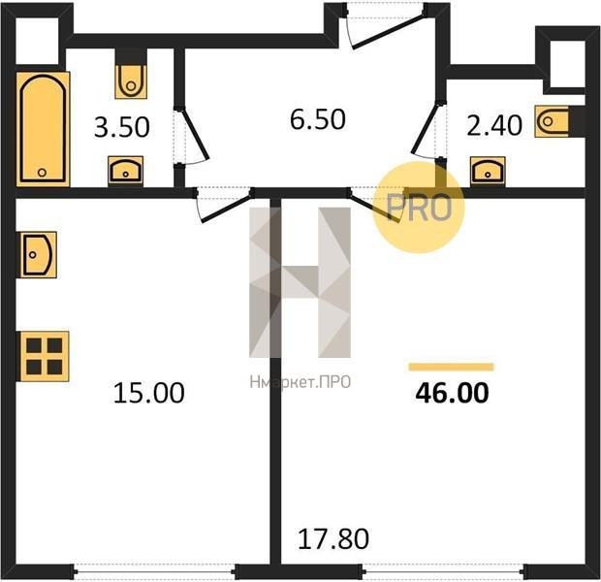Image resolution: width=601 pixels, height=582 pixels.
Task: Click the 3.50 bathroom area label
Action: [x=122, y=127]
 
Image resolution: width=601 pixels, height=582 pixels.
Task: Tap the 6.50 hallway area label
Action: [x=318, y=119]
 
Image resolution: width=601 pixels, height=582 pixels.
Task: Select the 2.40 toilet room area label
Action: [x=494, y=125]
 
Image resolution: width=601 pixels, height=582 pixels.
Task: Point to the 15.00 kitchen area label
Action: [x=149, y=393]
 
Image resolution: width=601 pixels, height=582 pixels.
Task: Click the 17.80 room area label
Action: [x=333, y=538]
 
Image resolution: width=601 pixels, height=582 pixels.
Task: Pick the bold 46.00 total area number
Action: [x=453, y=393]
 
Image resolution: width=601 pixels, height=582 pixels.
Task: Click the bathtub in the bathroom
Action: [x=43, y=129]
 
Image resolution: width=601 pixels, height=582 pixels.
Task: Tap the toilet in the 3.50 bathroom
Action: [x=131, y=81]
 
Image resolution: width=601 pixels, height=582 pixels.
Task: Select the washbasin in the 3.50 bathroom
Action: [x=126, y=171]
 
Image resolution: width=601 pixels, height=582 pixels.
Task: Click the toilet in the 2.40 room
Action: [x=552, y=121]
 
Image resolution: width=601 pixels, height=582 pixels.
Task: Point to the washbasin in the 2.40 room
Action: [x=488, y=172]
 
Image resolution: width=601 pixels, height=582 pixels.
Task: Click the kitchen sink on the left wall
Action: [x=37, y=255]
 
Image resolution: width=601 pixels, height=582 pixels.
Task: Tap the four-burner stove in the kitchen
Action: [x=45, y=356]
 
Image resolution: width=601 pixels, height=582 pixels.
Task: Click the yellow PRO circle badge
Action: [x=419, y=208]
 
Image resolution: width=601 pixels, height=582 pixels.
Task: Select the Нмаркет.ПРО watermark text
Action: [x=300, y=382]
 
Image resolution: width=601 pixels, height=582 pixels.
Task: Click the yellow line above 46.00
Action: [x=452, y=368]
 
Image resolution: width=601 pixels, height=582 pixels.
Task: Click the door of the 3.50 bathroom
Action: [x=191, y=136]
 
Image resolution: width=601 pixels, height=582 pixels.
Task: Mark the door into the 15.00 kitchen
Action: [x=224, y=206]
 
